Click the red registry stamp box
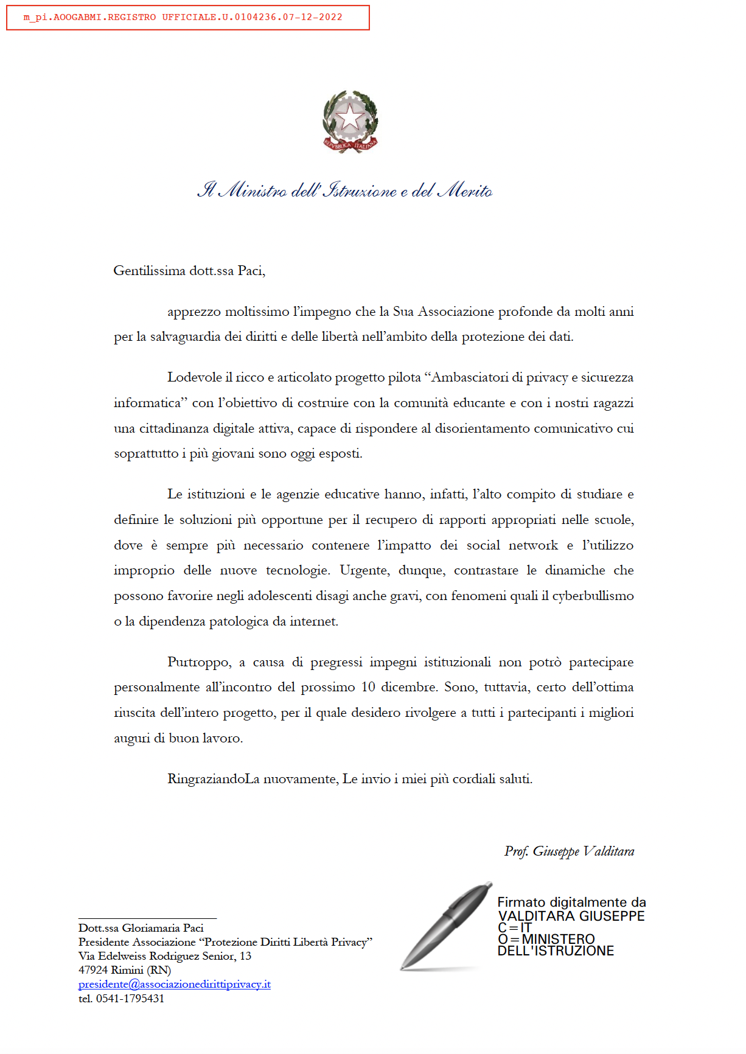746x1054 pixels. [187, 18]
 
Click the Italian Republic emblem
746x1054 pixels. [350, 122]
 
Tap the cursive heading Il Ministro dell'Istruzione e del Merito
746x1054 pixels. [345, 190]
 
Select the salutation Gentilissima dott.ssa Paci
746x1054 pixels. [189, 271]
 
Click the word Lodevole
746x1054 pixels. [194, 377]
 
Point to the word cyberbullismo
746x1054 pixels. [593, 596]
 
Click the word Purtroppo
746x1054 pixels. [199, 662]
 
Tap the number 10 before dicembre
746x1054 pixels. [368, 687]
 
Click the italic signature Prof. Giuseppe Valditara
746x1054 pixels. [569, 851]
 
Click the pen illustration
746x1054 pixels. [446, 925]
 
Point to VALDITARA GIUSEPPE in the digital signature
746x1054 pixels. [571, 916]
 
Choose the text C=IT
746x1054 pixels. [515, 928]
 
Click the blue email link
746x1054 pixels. [175, 985]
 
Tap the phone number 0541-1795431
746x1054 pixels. [130, 999]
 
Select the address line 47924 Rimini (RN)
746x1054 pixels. [125, 970]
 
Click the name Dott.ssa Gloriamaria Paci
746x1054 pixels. [141, 928]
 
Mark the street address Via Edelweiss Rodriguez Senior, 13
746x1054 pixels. [165, 956]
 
